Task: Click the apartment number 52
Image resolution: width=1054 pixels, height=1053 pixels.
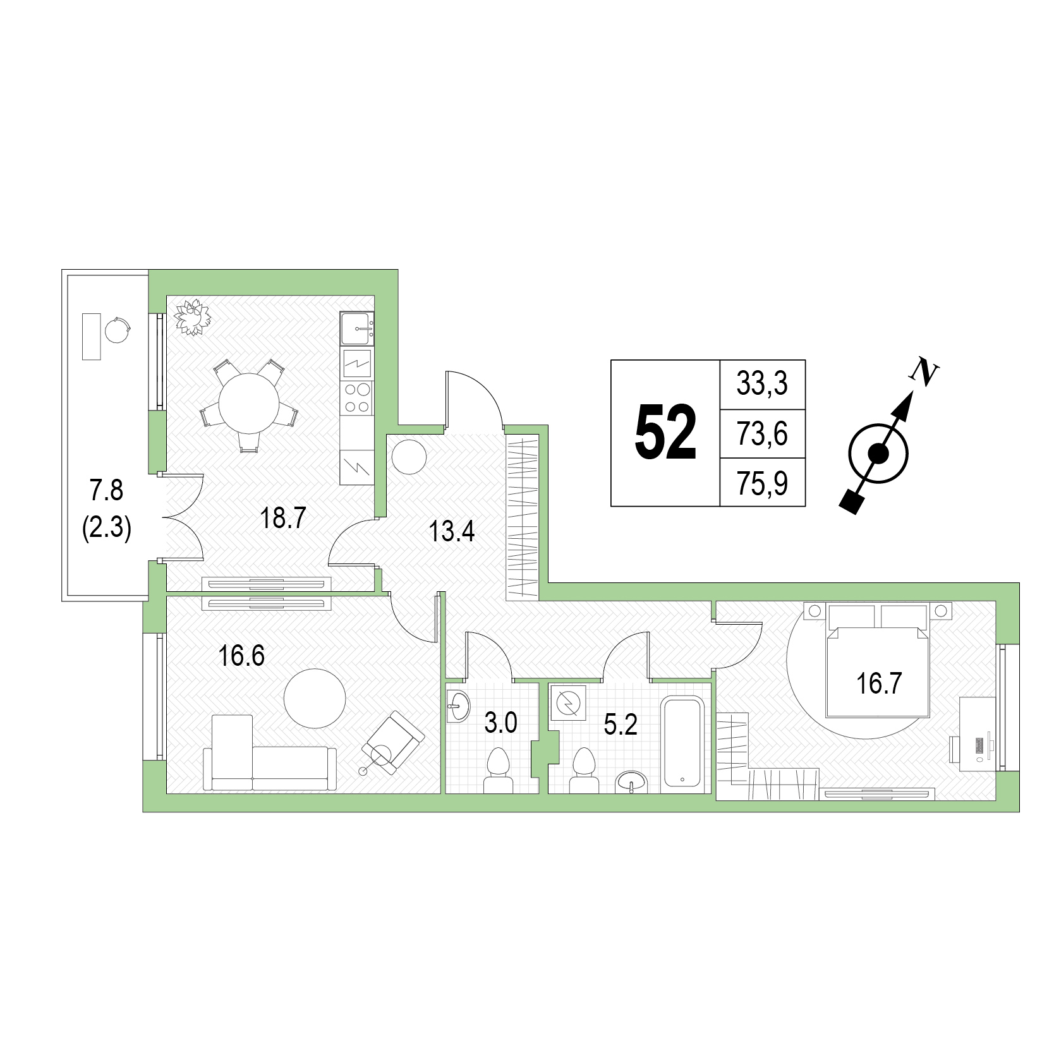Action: (x=665, y=433)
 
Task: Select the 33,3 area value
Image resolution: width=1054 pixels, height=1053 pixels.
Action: (x=762, y=383)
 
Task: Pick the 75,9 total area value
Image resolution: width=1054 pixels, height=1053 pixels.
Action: (x=762, y=483)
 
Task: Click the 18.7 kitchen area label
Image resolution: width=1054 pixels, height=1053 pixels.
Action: (x=283, y=518)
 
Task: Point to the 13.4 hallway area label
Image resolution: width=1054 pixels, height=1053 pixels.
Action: (x=452, y=531)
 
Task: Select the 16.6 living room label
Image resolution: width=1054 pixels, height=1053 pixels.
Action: (x=241, y=656)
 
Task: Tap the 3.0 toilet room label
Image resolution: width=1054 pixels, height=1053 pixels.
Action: (x=500, y=723)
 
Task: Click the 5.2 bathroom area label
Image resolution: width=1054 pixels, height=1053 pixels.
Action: (x=621, y=725)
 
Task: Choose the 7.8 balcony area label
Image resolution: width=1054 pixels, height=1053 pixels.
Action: (x=106, y=490)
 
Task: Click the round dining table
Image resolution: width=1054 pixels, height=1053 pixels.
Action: (x=250, y=403)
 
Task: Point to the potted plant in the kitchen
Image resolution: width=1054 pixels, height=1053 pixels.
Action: (x=192, y=317)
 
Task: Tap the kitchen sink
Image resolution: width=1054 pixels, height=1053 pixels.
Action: (x=357, y=328)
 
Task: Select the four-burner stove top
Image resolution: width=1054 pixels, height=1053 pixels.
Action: (x=357, y=398)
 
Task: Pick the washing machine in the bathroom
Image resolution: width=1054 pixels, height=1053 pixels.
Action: (x=568, y=703)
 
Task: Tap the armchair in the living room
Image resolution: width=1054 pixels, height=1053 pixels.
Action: (x=393, y=742)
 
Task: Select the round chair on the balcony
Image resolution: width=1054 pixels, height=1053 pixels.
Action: (x=118, y=329)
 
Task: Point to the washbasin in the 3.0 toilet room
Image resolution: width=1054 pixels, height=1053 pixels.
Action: (x=458, y=706)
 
